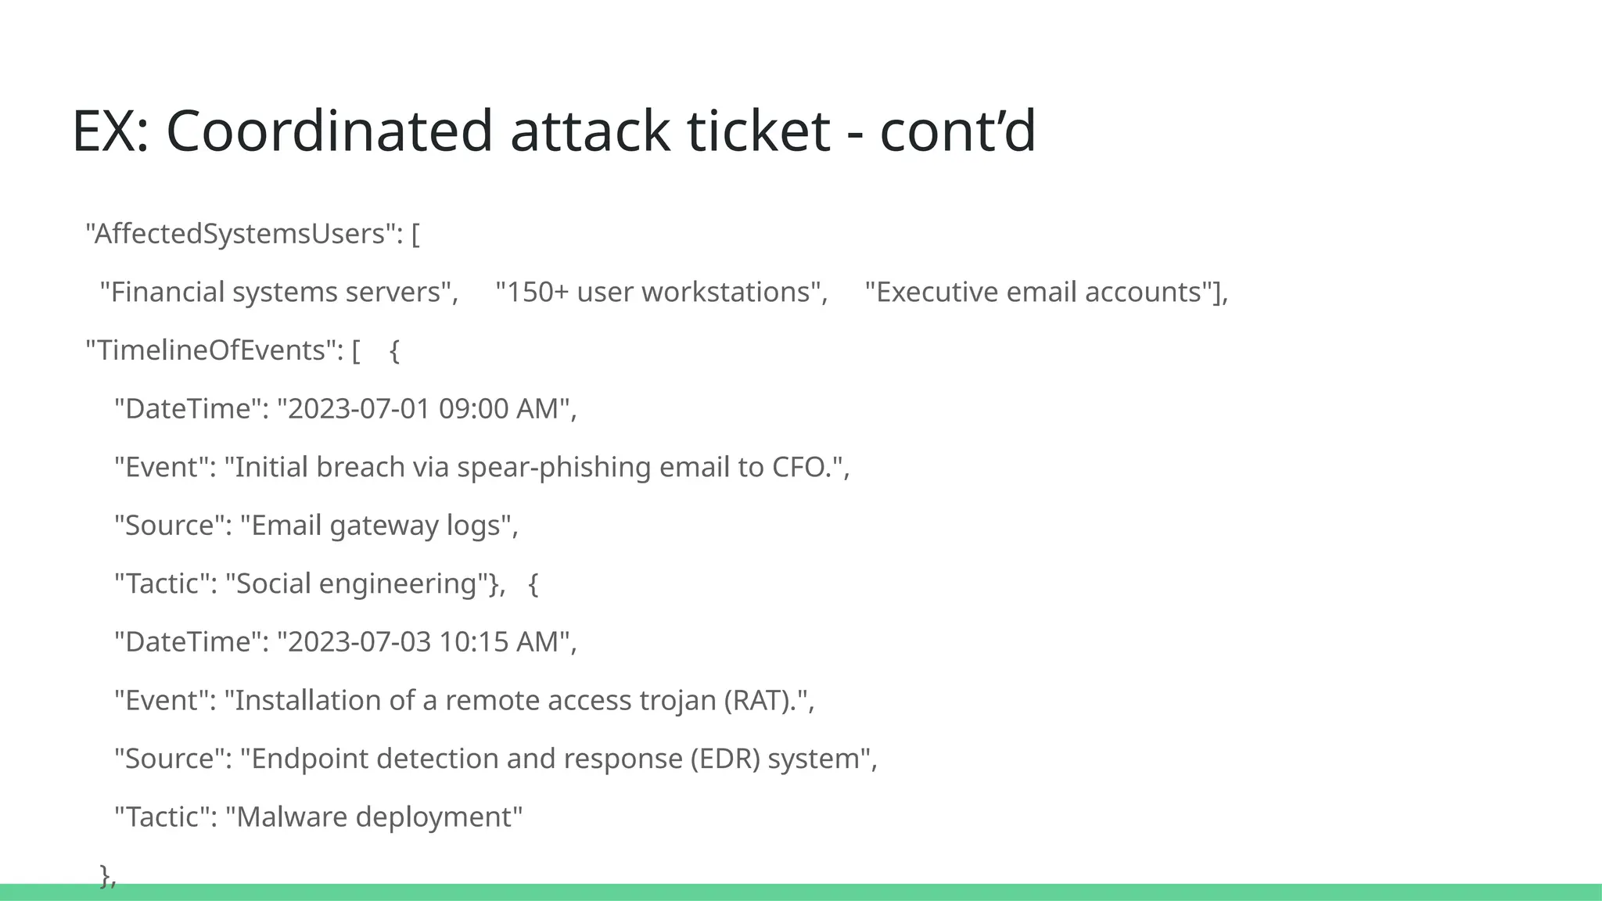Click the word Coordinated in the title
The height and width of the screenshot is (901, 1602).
tap(329, 131)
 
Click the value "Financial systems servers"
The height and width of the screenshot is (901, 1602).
tap(279, 293)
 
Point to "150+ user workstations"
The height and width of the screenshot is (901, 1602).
tap(662, 293)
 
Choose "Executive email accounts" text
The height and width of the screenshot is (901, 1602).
tap(1038, 293)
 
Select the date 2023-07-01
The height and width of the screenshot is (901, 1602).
tap(359, 409)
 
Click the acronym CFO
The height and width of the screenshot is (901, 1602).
tap(800, 467)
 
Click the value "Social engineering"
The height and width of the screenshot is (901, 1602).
tap(356, 583)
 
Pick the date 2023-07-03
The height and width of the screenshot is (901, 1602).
tap(359, 642)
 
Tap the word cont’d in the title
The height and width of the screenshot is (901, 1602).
tap(957, 131)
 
